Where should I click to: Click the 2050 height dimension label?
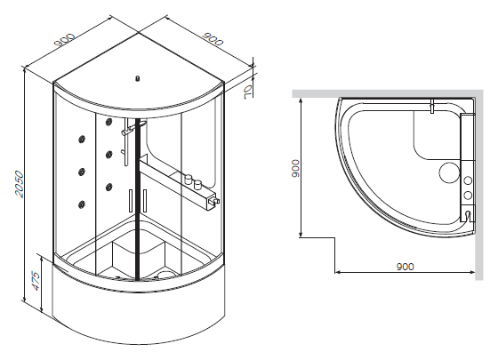click(20, 184)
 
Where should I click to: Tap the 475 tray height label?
click(36, 281)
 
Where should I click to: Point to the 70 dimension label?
click(247, 92)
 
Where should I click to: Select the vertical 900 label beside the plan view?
click(295, 169)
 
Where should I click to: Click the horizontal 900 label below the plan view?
click(406, 267)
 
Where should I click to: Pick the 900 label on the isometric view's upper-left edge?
click(64, 39)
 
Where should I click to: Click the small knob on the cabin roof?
click(138, 78)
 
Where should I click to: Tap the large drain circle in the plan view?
click(449, 172)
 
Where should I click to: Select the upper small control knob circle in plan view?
click(468, 180)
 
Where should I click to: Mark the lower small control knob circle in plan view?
click(468, 195)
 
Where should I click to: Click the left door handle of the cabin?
click(130, 201)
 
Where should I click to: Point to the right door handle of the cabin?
click(145, 201)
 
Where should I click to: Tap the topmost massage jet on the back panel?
click(108, 121)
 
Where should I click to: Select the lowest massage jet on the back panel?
click(82, 204)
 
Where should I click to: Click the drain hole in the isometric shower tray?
click(165, 275)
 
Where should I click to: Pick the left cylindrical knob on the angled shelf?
click(188, 179)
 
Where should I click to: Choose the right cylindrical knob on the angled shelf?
click(197, 184)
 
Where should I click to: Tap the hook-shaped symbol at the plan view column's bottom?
click(467, 215)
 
